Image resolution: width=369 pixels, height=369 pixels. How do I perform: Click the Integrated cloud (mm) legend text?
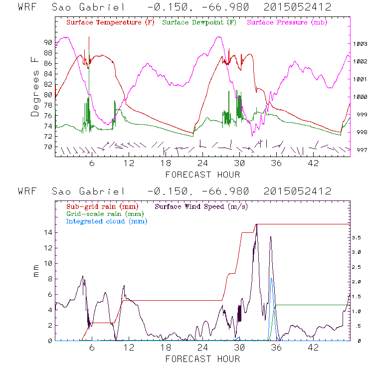pos(107,221)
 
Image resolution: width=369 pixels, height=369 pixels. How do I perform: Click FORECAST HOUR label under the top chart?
pos(202,175)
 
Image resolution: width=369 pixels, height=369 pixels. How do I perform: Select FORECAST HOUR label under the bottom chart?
pos(202,359)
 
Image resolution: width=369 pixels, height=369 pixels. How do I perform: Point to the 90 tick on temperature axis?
pos(47,42)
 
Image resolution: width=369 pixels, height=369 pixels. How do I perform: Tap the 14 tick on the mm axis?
pos(47,232)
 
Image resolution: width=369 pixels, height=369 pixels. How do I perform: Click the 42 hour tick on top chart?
pos(313,164)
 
